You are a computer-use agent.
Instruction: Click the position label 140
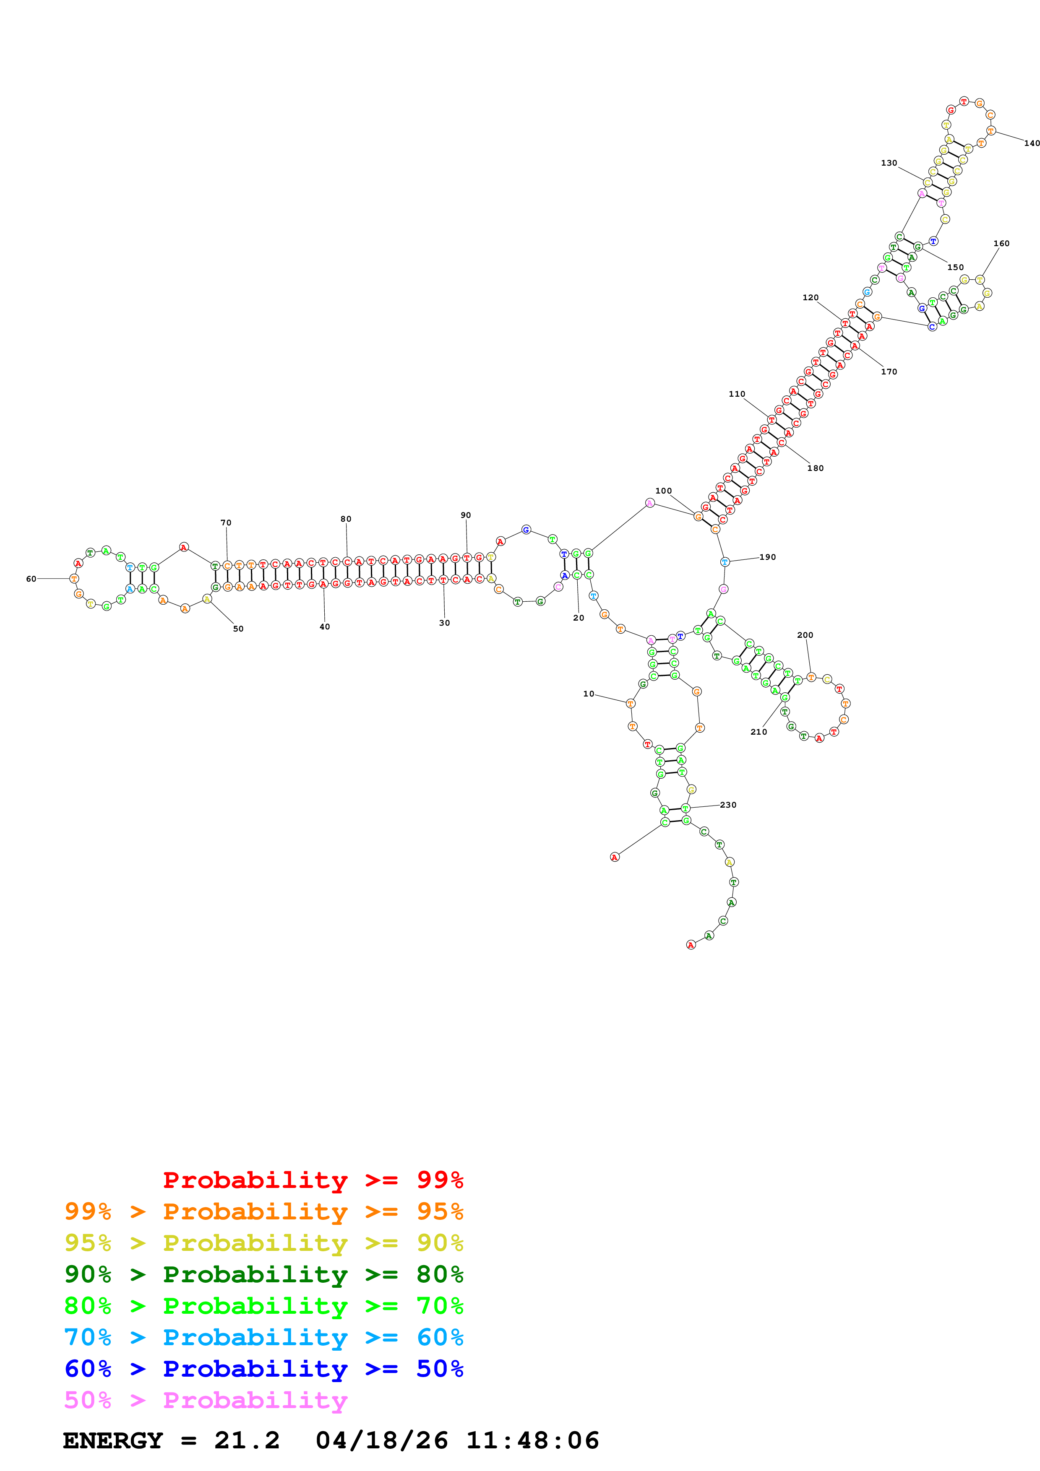pyautogui.click(x=1031, y=143)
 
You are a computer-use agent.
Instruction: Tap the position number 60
pyautogui.click(x=31, y=579)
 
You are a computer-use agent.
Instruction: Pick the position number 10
pyautogui.click(x=588, y=694)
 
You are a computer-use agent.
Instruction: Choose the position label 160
pyautogui.click(x=1001, y=244)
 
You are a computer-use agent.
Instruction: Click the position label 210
pyautogui.click(x=758, y=732)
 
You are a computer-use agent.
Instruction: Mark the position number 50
pyautogui.click(x=238, y=629)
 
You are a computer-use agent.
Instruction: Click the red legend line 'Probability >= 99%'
pyautogui.click(x=313, y=1180)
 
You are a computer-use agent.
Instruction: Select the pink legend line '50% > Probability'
pyautogui.click(x=206, y=1400)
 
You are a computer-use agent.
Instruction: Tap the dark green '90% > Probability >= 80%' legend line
pyautogui.click(x=263, y=1274)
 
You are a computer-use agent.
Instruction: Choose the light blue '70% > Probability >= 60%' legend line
pyautogui.click(x=263, y=1337)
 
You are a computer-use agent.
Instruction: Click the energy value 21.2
pyautogui.click(x=247, y=1440)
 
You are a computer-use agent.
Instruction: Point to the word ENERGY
pyautogui.click(x=113, y=1440)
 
